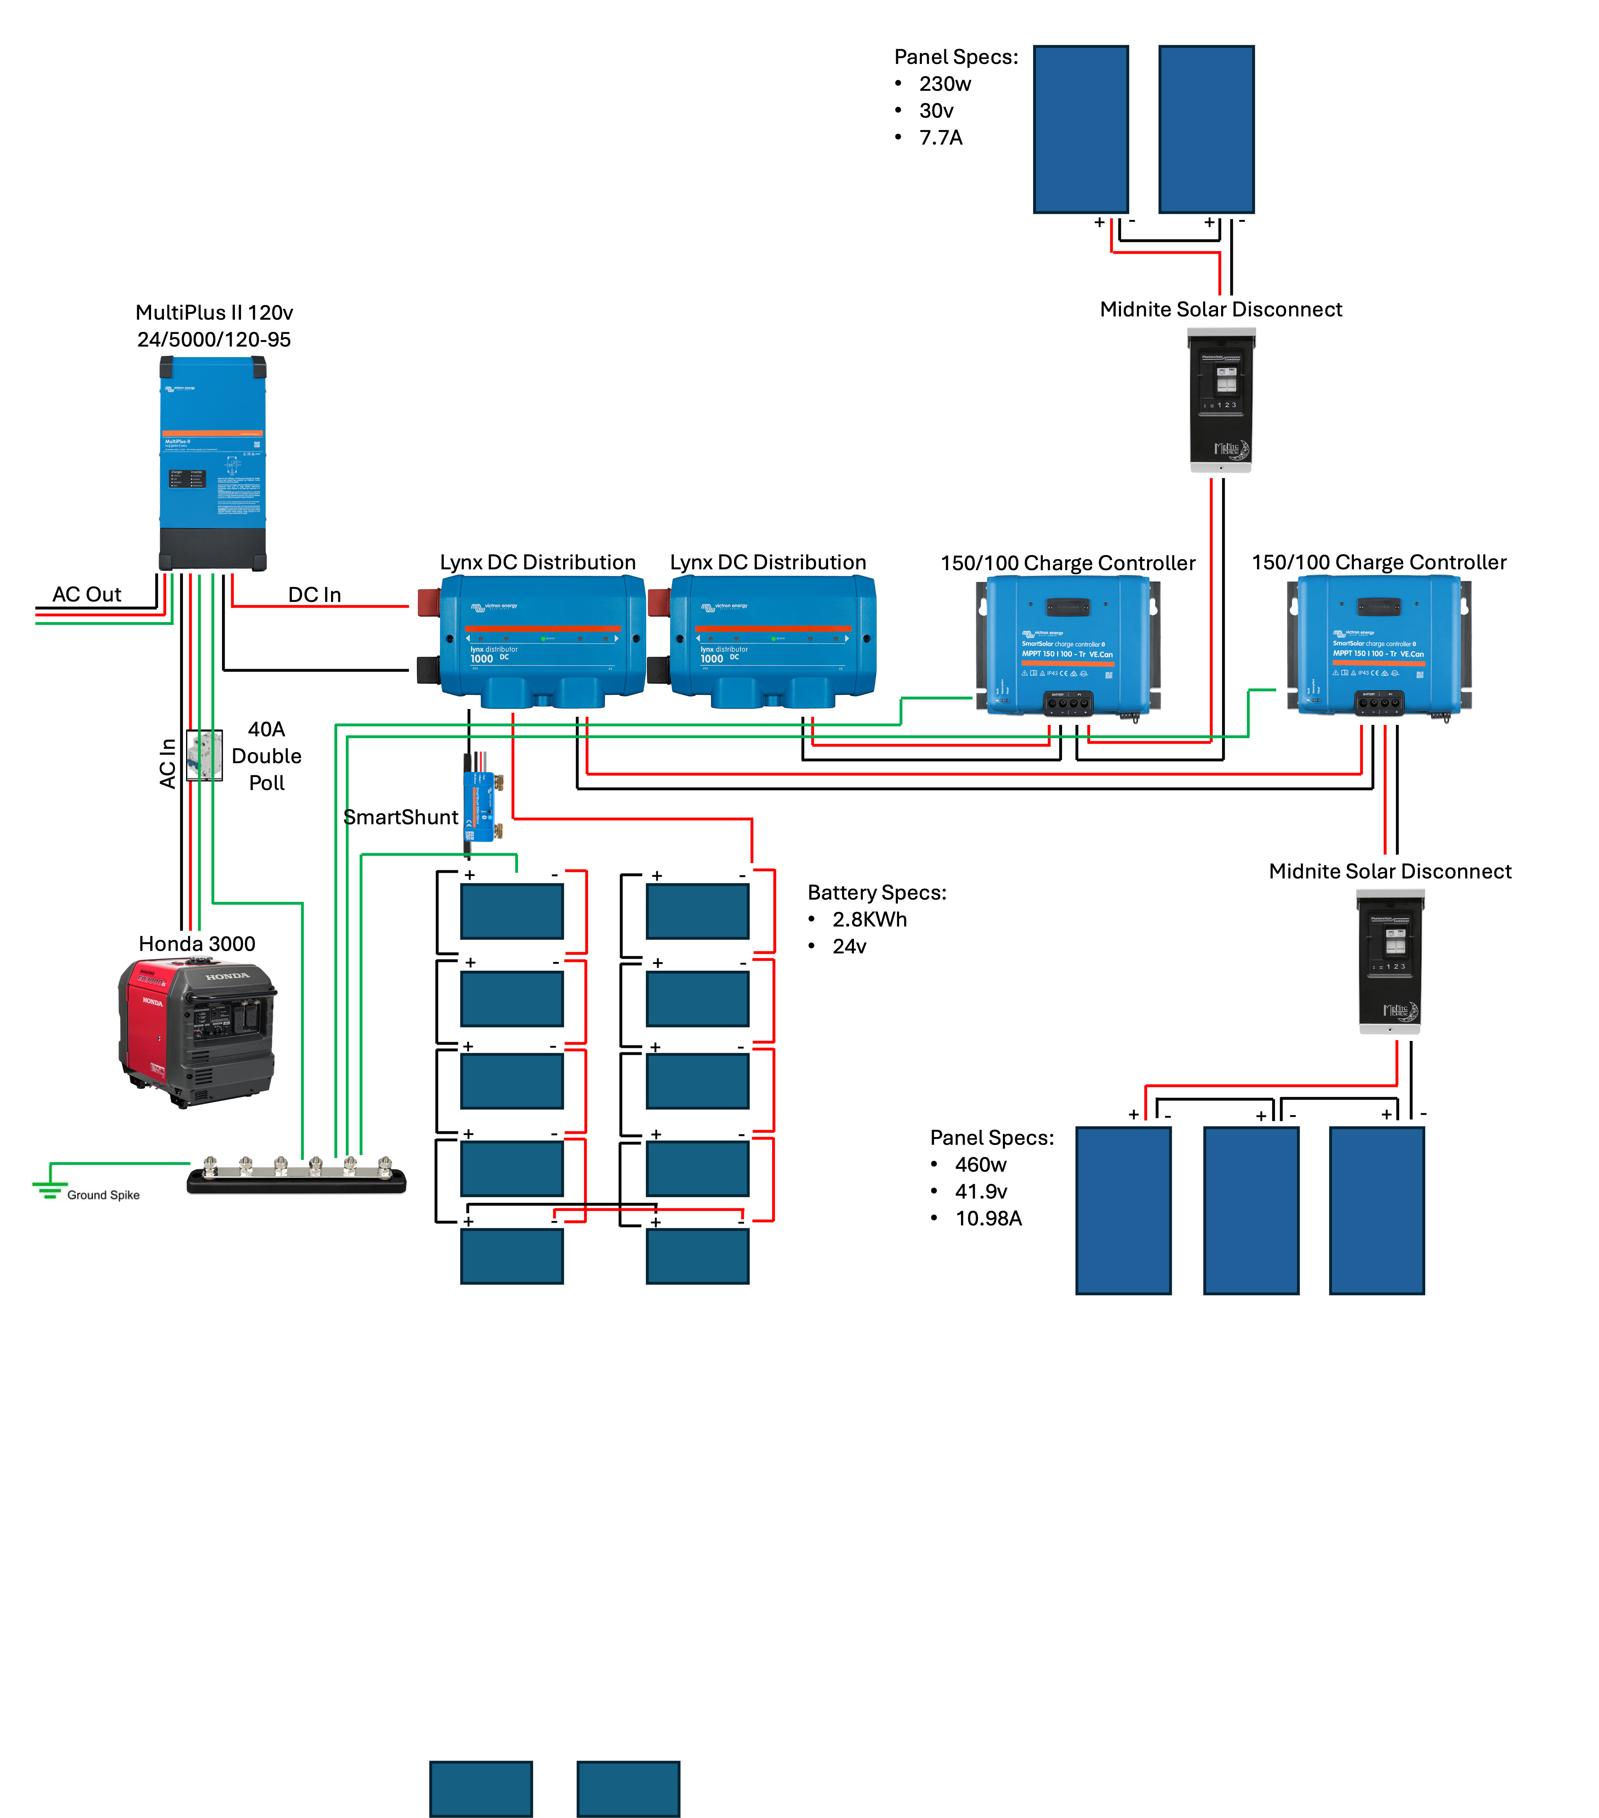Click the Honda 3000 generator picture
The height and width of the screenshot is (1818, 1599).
(197, 1032)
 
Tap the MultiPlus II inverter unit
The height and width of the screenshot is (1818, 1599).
(213, 463)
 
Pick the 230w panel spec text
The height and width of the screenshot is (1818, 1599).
(945, 83)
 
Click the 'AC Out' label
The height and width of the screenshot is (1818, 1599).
(86, 594)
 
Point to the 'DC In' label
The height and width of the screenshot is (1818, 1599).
(314, 594)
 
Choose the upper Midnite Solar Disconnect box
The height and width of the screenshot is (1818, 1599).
(1221, 400)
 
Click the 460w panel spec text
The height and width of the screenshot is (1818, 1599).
(980, 1164)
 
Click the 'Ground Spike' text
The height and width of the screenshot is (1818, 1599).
(103, 1194)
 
